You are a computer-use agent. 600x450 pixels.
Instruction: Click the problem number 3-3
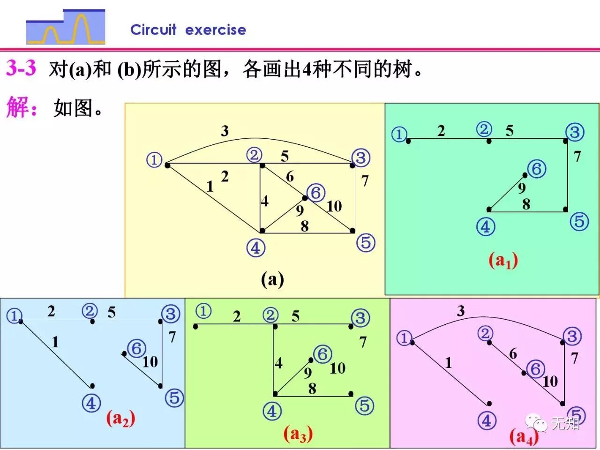click(21, 68)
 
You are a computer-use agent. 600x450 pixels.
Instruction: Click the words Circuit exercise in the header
click(188, 30)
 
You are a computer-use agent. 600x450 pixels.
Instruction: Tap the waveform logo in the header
click(66, 27)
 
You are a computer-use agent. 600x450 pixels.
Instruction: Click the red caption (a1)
click(503, 260)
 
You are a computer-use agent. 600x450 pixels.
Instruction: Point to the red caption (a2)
click(120, 418)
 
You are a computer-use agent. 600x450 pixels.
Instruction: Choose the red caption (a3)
click(298, 434)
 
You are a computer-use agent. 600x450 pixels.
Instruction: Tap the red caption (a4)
click(524, 437)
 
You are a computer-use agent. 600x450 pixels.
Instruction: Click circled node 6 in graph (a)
click(316, 193)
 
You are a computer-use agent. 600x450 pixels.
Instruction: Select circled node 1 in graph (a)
click(154, 160)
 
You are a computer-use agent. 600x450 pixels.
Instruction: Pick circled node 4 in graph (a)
click(255, 247)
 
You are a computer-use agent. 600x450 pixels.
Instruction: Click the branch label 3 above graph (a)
click(225, 131)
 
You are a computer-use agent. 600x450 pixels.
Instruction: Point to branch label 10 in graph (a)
click(334, 206)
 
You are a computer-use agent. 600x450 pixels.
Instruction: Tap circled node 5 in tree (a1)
click(579, 221)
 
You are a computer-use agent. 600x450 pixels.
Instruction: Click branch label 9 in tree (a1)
click(522, 188)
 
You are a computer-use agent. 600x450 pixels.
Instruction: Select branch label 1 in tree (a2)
click(55, 342)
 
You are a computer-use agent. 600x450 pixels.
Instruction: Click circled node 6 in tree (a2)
click(137, 348)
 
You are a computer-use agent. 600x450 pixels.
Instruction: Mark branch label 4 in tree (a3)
click(279, 363)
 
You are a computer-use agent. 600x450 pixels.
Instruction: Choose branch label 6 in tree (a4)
click(513, 354)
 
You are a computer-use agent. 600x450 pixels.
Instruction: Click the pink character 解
click(17, 107)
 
